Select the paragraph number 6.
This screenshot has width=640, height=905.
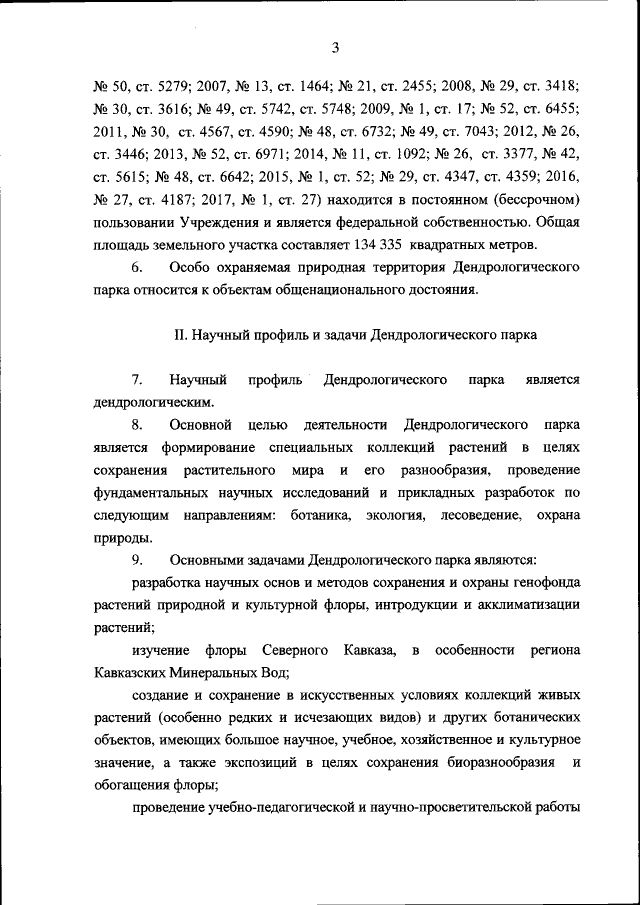[x=138, y=268]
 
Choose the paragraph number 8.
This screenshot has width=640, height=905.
[x=138, y=425]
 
